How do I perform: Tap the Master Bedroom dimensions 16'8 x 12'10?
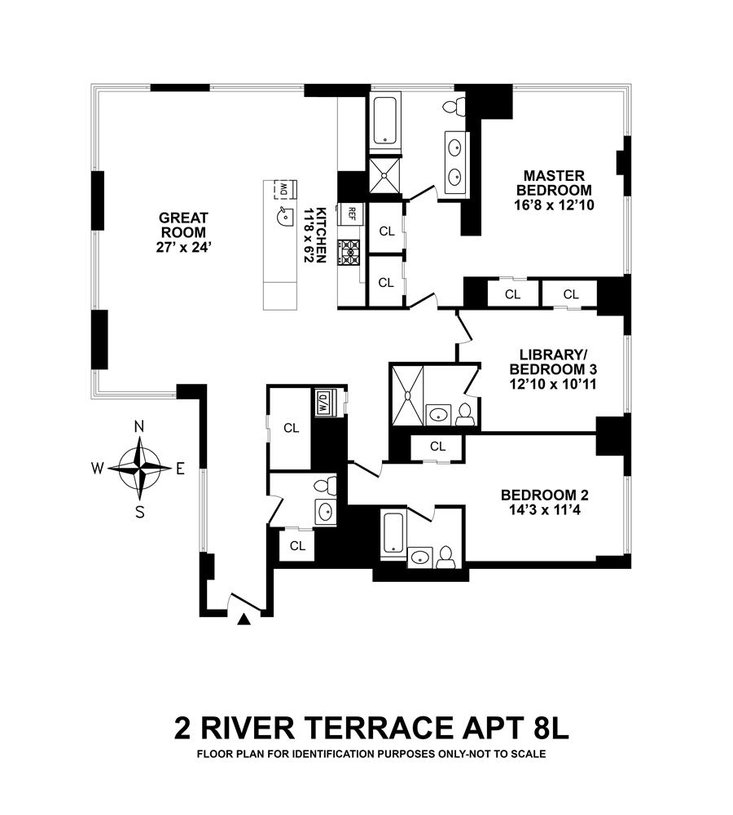click(x=554, y=205)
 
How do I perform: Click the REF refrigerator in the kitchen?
click(x=352, y=213)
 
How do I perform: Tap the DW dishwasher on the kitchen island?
click(x=284, y=190)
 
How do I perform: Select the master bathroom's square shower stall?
click(x=385, y=176)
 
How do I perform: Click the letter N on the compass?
click(x=138, y=427)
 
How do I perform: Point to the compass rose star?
click(x=140, y=469)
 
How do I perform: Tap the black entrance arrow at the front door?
click(x=244, y=619)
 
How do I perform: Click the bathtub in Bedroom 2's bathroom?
click(x=393, y=533)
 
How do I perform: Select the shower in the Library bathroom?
click(x=407, y=396)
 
